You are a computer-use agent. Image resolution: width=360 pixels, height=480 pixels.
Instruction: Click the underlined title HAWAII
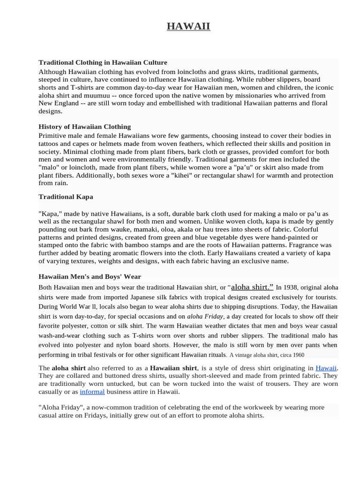[x=188, y=26]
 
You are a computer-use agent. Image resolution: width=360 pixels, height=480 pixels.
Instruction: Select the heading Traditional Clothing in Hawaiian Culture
[x=103, y=62]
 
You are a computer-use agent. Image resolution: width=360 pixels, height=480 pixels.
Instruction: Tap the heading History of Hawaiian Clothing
[x=84, y=127]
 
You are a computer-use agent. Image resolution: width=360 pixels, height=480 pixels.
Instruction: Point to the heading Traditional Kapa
[x=66, y=196]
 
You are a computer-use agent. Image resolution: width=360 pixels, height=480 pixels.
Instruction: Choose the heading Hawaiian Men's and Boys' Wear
[x=90, y=277]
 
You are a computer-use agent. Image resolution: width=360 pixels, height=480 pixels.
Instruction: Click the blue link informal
[x=92, y=391]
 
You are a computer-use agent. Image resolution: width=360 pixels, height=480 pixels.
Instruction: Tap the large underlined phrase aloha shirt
[x=252, y=287]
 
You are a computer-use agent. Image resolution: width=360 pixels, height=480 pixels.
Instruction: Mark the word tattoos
[x=51, y=143]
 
